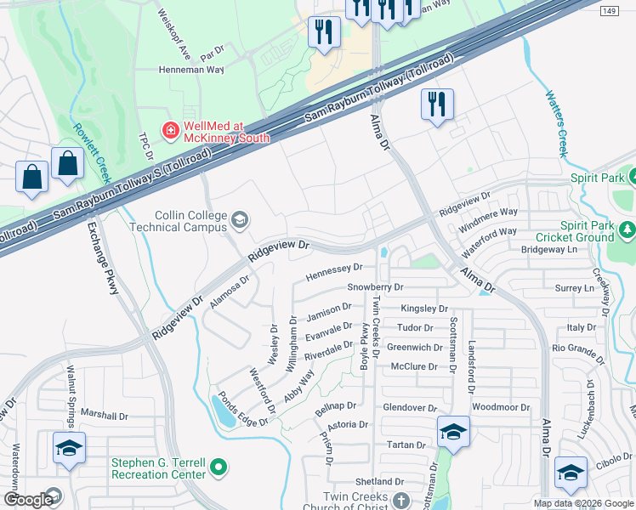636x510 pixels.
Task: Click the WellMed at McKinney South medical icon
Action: [x=171, y=130]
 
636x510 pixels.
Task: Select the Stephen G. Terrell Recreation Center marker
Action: [x=219, y=467]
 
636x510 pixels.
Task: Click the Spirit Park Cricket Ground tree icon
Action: [x=627, y=229]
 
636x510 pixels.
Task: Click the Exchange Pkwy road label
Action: [x=102, y=259]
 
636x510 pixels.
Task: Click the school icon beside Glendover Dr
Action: [x=453, y=432]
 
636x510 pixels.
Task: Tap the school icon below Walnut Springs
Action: [x=69, y=448]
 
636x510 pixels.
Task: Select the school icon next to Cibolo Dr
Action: [x=570, y=473]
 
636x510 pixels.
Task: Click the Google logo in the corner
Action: [x=28, y=500]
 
